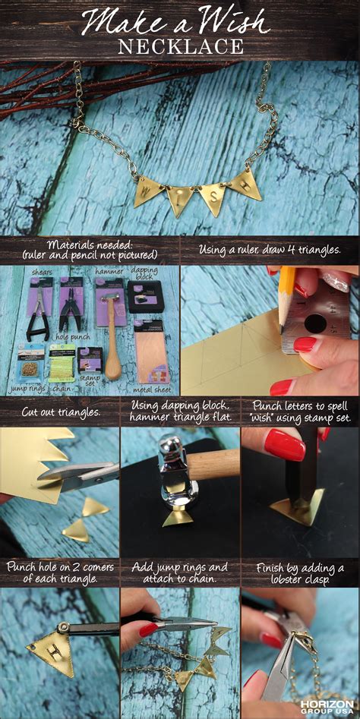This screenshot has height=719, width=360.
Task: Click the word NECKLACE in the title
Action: tap(179, 46)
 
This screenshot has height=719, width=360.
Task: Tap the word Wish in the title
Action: tap(228, 21)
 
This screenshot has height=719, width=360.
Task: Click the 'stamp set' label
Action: tap(90, 378)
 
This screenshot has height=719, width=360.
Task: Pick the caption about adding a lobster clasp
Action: tap(299, 573)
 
